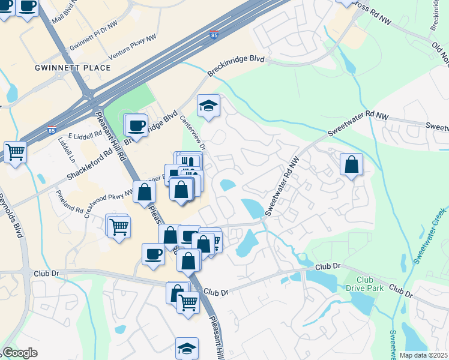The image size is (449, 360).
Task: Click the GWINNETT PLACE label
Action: click(73, 68)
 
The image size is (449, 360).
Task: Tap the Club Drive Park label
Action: click(369, 285)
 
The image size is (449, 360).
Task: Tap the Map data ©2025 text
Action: click(423, 355)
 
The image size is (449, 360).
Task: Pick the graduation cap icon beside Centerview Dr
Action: click(208, 106)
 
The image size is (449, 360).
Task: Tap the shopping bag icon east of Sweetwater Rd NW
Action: click(351, 164)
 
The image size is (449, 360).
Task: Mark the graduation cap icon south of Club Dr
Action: click(187, 348)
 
